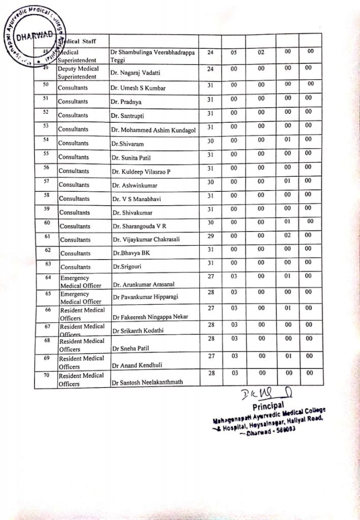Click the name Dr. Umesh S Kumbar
[138, 88]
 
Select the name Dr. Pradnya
[126, 102]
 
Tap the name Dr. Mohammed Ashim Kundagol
[153, 130]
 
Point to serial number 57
[46, 180]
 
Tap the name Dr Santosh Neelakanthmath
[148, 382]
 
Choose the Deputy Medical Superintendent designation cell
[78, 72]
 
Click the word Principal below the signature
[268, 406]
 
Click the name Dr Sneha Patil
[133, 348]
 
